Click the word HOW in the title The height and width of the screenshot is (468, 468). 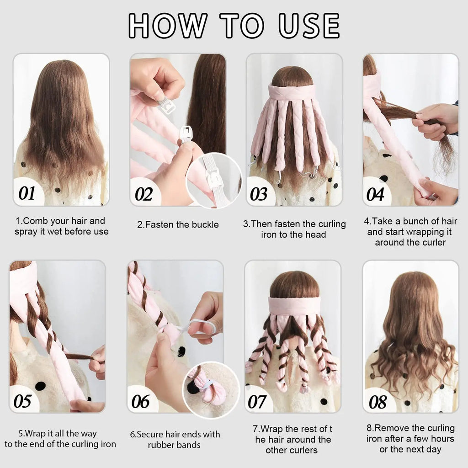click(167, 25)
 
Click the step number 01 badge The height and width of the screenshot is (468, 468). click(27, 194)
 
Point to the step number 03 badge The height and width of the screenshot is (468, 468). click(259, 194)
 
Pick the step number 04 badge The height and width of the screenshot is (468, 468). click(375, 194)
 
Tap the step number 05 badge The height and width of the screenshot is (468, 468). click(22, 401)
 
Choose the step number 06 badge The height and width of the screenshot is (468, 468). click(140, 401)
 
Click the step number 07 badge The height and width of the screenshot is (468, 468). click(257, 402)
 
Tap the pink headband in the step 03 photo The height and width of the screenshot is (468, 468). click(292, 93)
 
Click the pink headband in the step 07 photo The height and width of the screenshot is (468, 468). click(293, 306)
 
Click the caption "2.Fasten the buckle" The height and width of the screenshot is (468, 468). click(178, 224)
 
